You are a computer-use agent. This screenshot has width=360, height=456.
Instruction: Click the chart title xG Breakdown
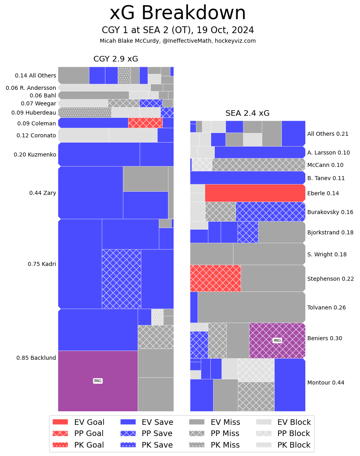click(x=178, y=14)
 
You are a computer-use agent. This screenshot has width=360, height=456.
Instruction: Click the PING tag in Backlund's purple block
click(x=98, y=381)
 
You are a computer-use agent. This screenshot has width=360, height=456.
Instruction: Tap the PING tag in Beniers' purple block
click(x=277, y=341)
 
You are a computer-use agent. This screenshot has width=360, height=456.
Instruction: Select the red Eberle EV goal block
click(x=255, y=193)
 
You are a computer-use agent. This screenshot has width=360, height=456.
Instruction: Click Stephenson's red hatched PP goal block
click(x=215, y=278)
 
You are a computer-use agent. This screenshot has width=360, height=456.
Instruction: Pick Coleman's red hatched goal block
click(x=145, y=123)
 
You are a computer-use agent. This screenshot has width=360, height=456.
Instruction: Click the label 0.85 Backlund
click(x=36, y=358)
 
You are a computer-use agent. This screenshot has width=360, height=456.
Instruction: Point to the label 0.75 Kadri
click(x=42, y=264)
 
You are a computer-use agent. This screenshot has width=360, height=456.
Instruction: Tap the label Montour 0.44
click(x=326, y=383)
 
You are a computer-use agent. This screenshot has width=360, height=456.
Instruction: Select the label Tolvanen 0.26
click(x=326, y=307)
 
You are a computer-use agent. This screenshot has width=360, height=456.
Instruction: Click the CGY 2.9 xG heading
click(x=116, y=59)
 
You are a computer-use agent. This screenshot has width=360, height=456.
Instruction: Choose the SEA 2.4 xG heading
click(x=247, y=113)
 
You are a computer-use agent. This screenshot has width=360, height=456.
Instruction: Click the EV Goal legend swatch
click(x=60, y=422)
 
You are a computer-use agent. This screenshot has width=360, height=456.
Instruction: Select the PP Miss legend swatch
click(x=197, y=434)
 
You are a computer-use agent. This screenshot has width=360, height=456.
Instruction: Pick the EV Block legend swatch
click(x=263, y=422)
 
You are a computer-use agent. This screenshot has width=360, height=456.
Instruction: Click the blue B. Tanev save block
click(x=247, y=178)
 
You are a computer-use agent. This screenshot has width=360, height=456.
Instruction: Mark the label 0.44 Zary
click(x=42, y=193)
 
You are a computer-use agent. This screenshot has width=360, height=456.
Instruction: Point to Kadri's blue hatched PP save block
click(x=121, y=279)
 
